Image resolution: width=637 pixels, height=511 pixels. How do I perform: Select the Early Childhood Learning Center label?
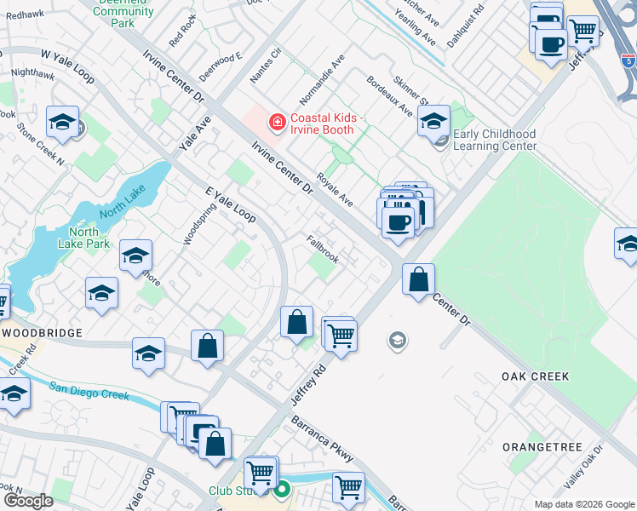pyautogui.click(x=495, y=140)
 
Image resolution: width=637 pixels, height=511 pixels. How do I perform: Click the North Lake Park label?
pyautogui.click(x=89, y=238)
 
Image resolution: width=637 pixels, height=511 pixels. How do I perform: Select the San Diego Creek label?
pyautogui.click(x=89, y=391)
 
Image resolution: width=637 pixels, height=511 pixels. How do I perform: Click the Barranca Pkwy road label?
pyautogui.click(x=323, y=439)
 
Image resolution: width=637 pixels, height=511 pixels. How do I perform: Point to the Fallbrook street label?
pyautogui.click(x=323, y=248)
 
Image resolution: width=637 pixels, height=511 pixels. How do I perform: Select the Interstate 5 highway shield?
pyautogui.click(x=628, y=60)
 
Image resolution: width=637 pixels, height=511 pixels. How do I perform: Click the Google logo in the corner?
pyautogui.click(x=28, y=501)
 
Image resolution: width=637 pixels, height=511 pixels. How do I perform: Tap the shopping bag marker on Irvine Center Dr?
pyautogui.click(x=418, y=279)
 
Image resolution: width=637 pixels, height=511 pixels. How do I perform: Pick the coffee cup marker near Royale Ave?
pyautogui.click(x=397, y=222)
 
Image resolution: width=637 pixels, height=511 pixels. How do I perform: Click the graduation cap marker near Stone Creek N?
pyautogui.click(x=63, y=123)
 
